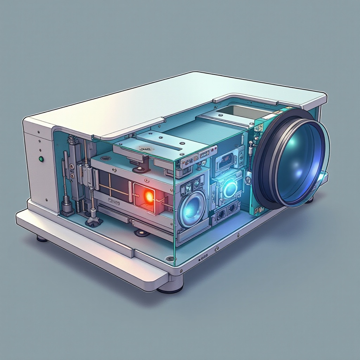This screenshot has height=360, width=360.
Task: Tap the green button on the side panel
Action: [x=41, y=159]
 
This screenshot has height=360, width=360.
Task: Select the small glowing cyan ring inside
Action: [x=230, y=188]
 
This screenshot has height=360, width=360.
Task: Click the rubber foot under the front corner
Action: [x=171, y=288]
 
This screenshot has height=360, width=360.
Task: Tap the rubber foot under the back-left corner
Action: [x=42, y=239]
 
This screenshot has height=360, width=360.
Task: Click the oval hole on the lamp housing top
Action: [x=105, y=159]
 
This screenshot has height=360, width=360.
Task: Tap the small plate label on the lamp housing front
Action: [x=114, y=201]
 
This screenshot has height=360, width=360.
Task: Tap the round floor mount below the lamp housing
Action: [x=141, y=233]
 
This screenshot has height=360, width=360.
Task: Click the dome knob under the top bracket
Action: [x=141, y=169]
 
